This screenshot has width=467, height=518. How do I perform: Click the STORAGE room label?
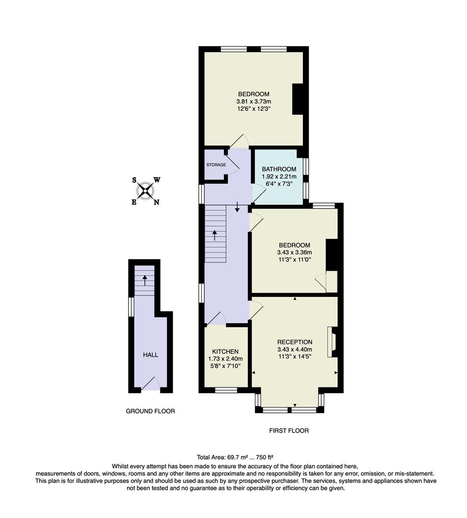coord(216,165)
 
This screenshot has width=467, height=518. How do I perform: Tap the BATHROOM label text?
coord(279,169)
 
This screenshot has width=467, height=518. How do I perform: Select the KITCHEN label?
coord(225,351)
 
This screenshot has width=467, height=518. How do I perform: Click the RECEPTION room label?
coord(294,342)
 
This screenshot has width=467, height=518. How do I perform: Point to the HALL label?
coord(151,355)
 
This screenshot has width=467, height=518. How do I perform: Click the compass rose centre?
coord(145,191)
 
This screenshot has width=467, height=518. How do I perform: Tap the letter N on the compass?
coord(156,202)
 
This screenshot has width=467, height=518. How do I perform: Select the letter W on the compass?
coord(157,180)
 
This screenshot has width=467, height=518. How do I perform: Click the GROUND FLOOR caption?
coord(150,411)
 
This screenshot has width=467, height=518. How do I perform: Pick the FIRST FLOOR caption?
coord(289,431)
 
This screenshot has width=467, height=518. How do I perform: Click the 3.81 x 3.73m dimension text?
coord(254,102)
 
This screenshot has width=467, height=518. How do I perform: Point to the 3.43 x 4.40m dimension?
coord(294,350)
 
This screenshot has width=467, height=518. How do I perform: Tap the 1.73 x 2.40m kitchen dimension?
coord(225,359)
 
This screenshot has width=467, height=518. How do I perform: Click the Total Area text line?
coord(235,457)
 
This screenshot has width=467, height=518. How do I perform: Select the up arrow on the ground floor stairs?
coord(144,280)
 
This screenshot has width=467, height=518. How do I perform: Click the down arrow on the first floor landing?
coord(237,207)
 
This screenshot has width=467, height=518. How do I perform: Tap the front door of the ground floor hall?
coord(151,384)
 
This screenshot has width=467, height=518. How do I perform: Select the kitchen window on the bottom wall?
coord(226,390)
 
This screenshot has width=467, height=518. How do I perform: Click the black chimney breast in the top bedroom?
coord(298,99)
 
